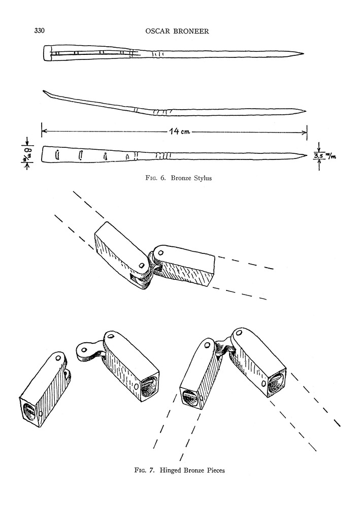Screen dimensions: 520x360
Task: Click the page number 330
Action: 40,31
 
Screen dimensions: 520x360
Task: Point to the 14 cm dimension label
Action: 179,132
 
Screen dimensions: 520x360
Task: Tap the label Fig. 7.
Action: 144,470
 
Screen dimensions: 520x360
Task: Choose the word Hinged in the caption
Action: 172,470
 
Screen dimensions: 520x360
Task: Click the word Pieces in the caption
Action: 214,470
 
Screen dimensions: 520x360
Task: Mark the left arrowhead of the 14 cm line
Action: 43,132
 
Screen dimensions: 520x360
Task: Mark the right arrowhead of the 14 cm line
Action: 306,133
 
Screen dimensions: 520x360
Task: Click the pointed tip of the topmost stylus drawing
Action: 303,54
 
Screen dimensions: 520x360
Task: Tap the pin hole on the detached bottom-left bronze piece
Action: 58,358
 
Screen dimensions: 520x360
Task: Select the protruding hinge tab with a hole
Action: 85,350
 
